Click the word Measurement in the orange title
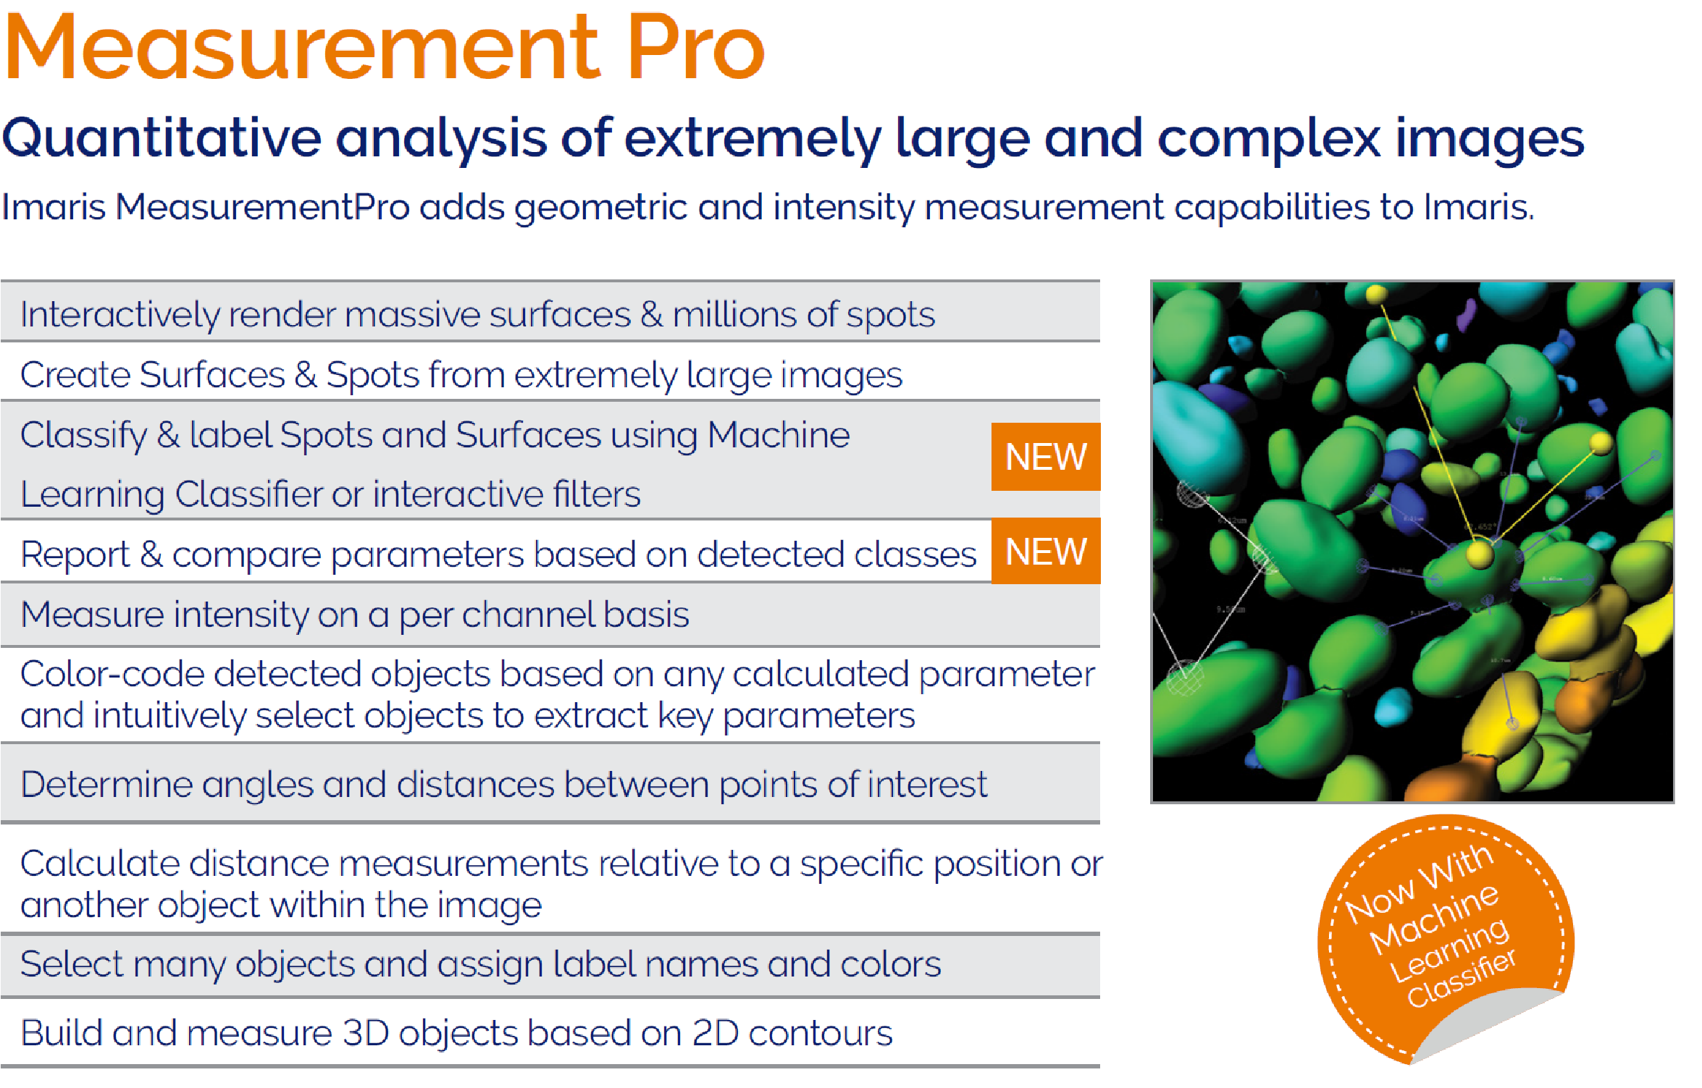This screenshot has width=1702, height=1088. pyautogui.click(x=303, y=48)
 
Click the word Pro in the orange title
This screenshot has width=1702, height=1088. pyautogui.click(x=695, y=48)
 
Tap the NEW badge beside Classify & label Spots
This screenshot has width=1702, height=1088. pyautogui.click(x=1046, y=457)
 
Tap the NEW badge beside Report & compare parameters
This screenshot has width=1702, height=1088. pyautogui.click(x=1046, y=552)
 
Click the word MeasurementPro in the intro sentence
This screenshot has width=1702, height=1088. pyautogui.click(x=263, y=208)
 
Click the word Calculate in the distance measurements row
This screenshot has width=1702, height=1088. pyautogui.click(x=99, y=864)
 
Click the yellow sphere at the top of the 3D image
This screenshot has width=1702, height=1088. pyautogui.click(x=1376, y=295)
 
